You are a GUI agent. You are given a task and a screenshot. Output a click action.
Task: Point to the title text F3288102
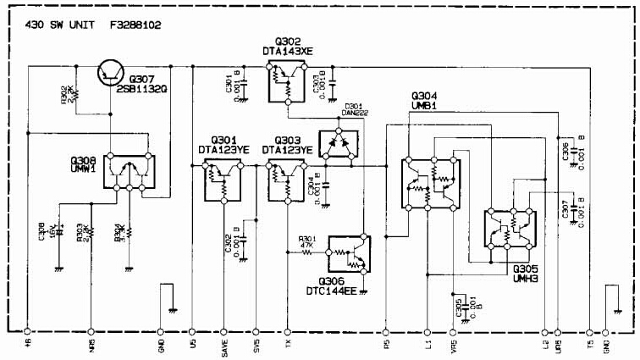pyautogui.click(x=135, y=26)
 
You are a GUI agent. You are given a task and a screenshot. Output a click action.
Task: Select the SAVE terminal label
pyautogui.click(x=223, y=347)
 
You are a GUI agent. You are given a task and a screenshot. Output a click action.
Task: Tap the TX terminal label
pyautogui.click(x=288, y=346)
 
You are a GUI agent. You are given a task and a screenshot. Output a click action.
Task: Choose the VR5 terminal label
pyautogui.click(x=455, y=347)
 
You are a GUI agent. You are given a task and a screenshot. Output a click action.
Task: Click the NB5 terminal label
pyautogui.click(x=91, y=347)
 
